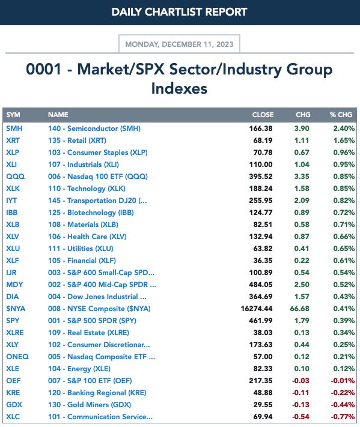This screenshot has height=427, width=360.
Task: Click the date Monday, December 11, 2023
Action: [179, 44]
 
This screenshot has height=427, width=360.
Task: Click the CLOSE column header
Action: [263, 115]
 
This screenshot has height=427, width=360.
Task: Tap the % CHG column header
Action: [341, 115]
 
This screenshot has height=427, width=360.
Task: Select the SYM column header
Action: [13, 115]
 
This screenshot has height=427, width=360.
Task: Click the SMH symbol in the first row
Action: [14, 129]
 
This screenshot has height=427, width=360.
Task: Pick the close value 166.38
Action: [260, 129]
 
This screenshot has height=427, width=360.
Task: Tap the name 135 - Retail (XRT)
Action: [77, 141]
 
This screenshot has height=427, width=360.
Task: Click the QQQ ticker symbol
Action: [15, 177]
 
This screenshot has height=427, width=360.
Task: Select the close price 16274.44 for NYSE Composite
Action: [257, 309]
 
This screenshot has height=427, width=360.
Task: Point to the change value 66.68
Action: [299, 309]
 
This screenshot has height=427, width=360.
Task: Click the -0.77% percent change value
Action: [343, 417]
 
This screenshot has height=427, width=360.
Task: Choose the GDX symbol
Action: [14, 405]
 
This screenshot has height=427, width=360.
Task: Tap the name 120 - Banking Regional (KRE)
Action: [97, 393]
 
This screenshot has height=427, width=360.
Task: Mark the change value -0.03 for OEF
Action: [301, 381]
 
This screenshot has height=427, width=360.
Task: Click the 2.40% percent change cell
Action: [344, 129]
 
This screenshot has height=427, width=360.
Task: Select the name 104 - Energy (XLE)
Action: [79, 369]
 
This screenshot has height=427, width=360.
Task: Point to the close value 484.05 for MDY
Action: [260, 285]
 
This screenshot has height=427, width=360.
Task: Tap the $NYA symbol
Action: [16, 309]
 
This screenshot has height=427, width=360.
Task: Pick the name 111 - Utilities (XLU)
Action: [81, 249]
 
